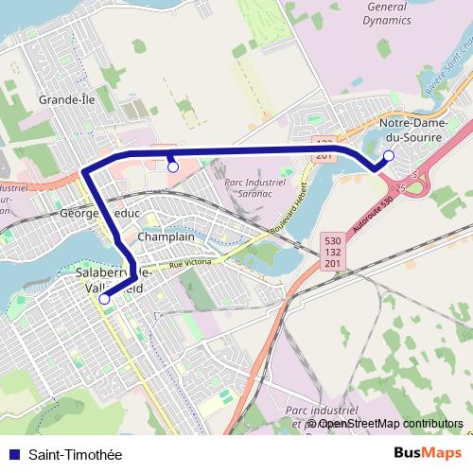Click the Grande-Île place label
[63, 98]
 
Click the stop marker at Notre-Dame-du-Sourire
[389, 155]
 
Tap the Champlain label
[166, 236]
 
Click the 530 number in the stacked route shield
[330, 241]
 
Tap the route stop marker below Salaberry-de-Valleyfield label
[104, 299]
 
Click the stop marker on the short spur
[173, 166]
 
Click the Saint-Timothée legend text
[76, 455]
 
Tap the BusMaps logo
[428, 454]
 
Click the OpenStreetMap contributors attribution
[391, 424]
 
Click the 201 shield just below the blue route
[324, 155]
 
